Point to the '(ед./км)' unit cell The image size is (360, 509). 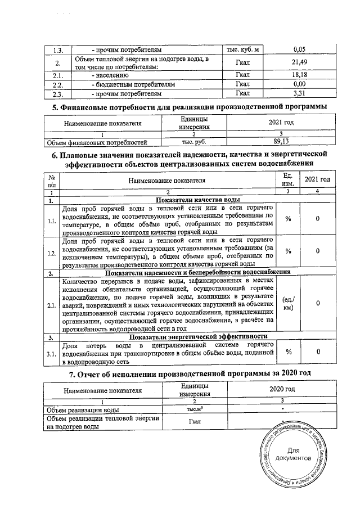click(287, 304)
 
